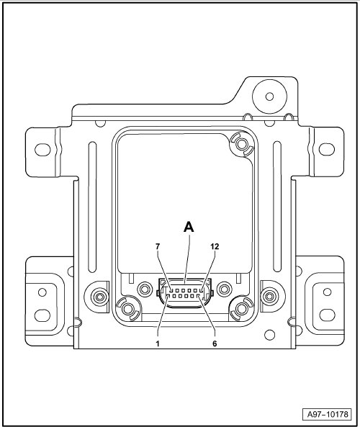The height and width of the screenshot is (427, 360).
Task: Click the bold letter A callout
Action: coord(189,227)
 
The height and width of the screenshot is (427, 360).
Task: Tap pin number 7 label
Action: coord(158,247)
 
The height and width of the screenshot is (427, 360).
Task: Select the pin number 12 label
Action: coord(215,247)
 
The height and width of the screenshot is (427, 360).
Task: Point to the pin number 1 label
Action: coord(158,343)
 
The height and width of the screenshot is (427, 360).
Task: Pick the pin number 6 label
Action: coord(215,343)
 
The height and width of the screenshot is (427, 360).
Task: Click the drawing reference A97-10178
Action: coord(328,415)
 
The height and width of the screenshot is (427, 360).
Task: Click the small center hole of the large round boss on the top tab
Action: coord(269,96)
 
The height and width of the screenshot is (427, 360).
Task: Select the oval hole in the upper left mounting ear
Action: coord(42,150)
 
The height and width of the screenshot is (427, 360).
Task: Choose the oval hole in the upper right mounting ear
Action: coord(327,149)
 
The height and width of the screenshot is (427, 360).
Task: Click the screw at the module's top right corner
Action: coord(241,144)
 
